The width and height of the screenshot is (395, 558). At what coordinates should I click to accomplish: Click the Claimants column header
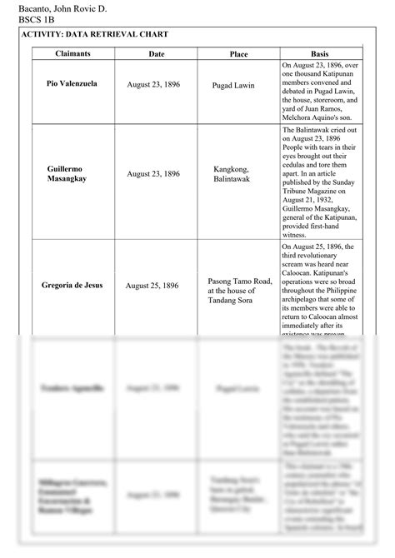click(x=72, y=54)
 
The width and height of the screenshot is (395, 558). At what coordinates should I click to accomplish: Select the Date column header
click(x=157, y=54)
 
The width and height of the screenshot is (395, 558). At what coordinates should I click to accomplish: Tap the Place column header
click(x=238, y=54)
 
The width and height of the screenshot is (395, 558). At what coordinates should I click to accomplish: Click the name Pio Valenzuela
click(x=72, y=84)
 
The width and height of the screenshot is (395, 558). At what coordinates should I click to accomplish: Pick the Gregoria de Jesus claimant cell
click(x=72, y=286)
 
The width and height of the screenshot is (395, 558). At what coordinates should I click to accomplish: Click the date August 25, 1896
click(x=153, y=286)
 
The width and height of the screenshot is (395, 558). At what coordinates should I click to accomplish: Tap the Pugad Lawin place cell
click(x=233, y=85)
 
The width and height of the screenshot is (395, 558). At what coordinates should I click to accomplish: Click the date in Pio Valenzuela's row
click(x=153, y=85)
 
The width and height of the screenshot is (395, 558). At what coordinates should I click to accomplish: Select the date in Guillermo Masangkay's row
click(x=153, y=174)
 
